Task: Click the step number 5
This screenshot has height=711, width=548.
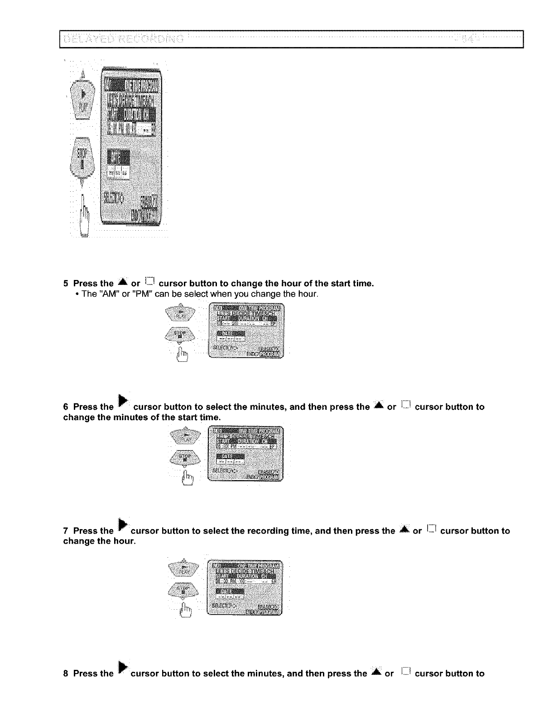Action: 66,284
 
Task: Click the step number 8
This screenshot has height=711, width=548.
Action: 66,673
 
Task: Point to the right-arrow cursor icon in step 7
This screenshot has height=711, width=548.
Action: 121,525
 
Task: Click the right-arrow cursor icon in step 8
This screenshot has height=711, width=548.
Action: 121,668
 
